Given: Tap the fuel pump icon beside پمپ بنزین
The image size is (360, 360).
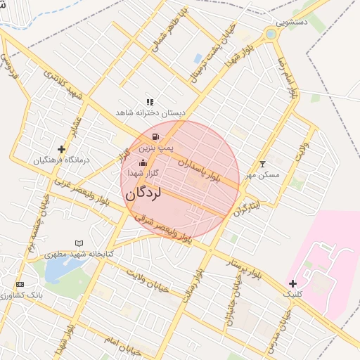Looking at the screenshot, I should (x=155, y=136).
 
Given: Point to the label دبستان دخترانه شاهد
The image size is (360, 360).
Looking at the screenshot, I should (x=151, y=112).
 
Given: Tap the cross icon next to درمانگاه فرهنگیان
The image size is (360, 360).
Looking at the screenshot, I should (x=62, y=149).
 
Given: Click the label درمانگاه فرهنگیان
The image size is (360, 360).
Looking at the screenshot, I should (x=62, y=160).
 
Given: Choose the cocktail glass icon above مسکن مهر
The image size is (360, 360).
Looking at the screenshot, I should (x=263, y=163).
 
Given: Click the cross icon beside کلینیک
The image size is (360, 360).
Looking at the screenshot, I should (x=292, y=283).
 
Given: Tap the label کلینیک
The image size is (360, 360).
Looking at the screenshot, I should (x=292, y=295).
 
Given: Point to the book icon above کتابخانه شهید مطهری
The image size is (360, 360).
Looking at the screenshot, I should (x=79, y=243).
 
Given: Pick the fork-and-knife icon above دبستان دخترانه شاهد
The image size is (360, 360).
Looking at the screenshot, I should (x=150, y=102).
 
